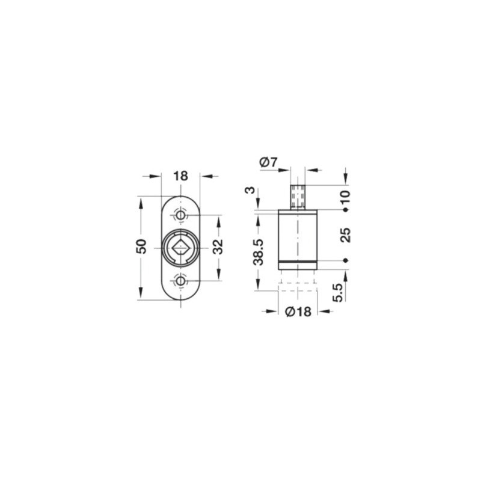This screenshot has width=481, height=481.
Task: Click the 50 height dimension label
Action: (x=141, y=246)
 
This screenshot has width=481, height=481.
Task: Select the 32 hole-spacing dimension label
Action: (x=218, y=247)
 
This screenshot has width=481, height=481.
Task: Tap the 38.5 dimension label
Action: (x=258, y=252)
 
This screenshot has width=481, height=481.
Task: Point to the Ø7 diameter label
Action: (x=268, y=162)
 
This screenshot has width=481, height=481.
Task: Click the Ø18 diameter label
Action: (x=298, y=311)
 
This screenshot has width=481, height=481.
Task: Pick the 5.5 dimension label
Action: (x=337, y=293)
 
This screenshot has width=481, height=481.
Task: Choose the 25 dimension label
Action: (x=346, y=235)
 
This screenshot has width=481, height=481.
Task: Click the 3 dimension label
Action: (x=250, y=190)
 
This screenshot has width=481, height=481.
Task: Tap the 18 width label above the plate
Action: (x=180, y=176)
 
